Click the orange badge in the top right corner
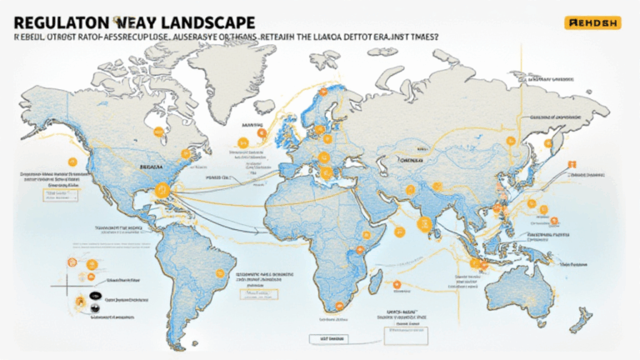(592, 23)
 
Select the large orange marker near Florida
(162, 191)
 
